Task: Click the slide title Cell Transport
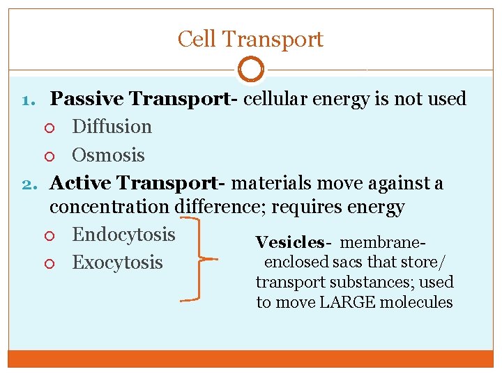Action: click(250, 39)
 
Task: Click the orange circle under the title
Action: click(251, 70)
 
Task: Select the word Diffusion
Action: click(112, 127)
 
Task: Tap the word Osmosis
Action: click(108, 155)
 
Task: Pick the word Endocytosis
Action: click(123, 234)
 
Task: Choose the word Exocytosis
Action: click(117, 263)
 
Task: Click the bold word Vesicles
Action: click(289, 242)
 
